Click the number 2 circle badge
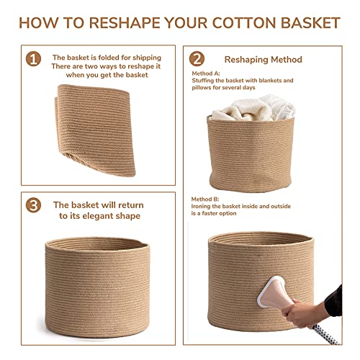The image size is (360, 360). pyautogui.click(x=196, y=58)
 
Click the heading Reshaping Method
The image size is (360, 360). pyautogui.click(x=264, y=59)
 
